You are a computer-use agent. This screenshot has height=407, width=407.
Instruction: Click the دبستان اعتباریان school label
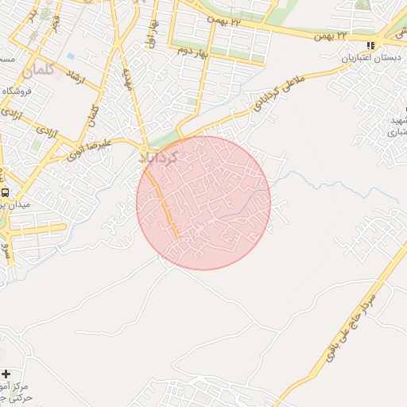370,58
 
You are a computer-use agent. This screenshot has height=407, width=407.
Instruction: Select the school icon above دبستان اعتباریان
371,46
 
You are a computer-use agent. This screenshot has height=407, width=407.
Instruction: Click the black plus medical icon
6,374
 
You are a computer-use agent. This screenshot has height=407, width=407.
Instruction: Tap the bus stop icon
6,192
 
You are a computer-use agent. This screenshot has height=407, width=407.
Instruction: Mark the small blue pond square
72,56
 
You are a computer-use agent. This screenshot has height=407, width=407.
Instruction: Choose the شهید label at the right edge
397,119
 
